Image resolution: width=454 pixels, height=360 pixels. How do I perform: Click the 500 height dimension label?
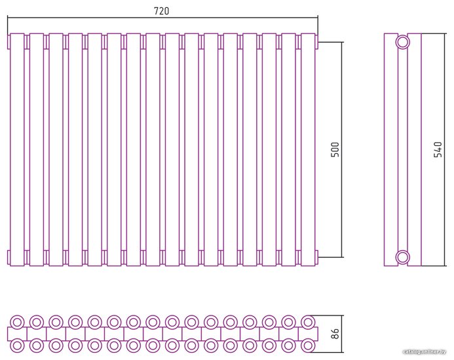click(335, 149)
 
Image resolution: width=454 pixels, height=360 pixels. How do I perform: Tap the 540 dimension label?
click(438, 149)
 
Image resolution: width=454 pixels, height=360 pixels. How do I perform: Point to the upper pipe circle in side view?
click(403, 43)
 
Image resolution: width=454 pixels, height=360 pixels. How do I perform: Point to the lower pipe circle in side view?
click(403, 255)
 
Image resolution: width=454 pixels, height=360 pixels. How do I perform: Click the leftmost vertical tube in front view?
click(17, 149)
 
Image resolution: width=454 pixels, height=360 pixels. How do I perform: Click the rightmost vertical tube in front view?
click(307, 149)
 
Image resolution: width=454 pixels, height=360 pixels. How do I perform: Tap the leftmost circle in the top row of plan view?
click(17, 321)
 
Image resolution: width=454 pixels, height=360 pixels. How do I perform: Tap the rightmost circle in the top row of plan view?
click(307, 321)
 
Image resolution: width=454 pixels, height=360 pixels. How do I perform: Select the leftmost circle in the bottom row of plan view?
click(17, 344)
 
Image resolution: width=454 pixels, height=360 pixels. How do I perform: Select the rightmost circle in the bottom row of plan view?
click(307, 344)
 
